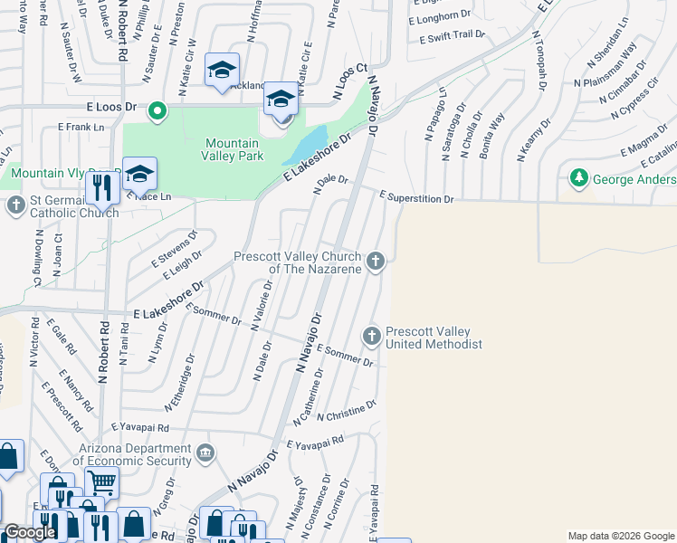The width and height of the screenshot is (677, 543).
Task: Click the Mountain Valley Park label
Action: pyautogui.click(x=234, y=149)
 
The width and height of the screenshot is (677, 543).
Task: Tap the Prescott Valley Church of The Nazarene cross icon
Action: pyautogui.click(x=376, y=262)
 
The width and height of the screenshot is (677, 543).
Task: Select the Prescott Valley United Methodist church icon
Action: pyautogui.click(x=371, y=337)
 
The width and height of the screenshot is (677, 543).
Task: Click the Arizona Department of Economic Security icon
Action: pyautogui.click(x=205, y=452)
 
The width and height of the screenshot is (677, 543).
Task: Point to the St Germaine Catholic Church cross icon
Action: pyautogui.click(x=15, y=206)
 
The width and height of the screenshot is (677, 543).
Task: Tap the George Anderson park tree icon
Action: pyautogui.click(x=577, y=178)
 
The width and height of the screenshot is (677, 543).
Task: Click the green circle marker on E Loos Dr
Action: pyautogui.click(x=157, y=112)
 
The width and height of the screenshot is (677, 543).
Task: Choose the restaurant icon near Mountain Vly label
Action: pyautogui.click(x=100, y=187)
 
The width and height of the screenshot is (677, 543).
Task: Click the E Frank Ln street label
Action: pyautogui.click(x=80, y=128)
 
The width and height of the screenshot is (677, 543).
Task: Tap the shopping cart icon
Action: pyautogui.click(x=101, y=482)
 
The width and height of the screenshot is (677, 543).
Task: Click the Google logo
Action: pyautogui.click(x=31, y=532)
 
